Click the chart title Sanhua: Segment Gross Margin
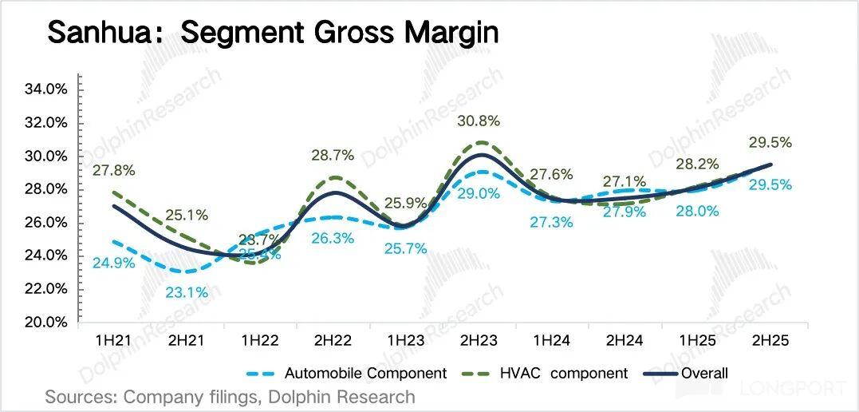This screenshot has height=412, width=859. pos(273,34)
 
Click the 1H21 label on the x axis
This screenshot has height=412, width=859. pos(114,340)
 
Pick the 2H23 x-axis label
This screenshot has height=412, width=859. pos(479,340)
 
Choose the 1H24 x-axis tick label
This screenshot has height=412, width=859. pos(551,340)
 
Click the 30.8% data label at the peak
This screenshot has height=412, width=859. pos(479,121)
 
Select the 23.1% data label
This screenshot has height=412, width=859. pos(187,292)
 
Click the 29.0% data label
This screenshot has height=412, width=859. pos(479,193)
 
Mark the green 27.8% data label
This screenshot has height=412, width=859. pos(114,170)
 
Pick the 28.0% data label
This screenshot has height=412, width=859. pos(697,211)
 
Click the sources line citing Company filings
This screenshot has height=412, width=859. pos(231,397)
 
